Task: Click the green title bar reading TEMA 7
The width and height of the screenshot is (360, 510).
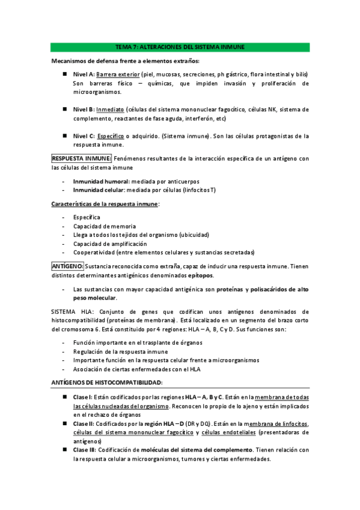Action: [x=180, y=47]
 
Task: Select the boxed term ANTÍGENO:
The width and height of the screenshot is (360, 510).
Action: [x=67, y=265]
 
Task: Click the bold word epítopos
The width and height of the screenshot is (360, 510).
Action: [x=200, y=274]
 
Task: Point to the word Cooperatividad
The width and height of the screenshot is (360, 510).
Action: [x=94, y=253]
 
